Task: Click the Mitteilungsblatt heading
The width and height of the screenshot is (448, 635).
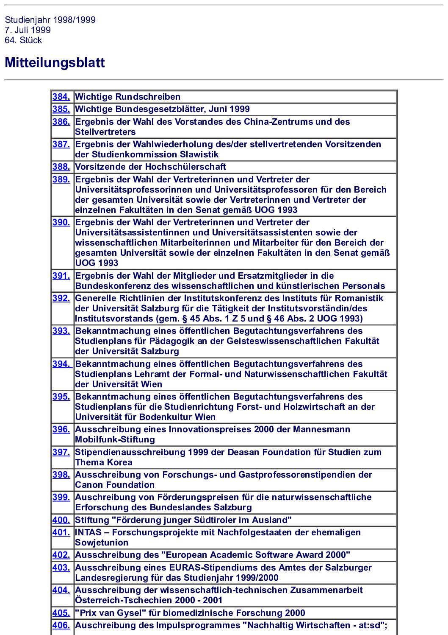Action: (x=55, y=62)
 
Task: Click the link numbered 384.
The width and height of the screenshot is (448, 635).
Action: (x=61, y=97)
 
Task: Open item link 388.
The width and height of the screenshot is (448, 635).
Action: (x=61, y=167)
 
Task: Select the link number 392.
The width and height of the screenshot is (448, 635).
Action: (x=61, y=298)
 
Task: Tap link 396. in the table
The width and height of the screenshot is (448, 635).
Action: (x=61, y=429)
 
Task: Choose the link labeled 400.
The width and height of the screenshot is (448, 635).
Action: (x=61, y=520)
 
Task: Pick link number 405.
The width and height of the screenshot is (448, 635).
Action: (x=61, y=613)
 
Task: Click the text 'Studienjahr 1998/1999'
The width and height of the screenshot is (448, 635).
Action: (x=50, y=20)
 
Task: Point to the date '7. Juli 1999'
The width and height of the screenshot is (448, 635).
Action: (x=28, y=30)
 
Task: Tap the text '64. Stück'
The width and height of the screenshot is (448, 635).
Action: (x=23, y=40)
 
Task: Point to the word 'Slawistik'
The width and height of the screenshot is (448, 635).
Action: (x=199, y=154)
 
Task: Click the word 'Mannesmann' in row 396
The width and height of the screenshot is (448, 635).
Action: (x=322, y=429)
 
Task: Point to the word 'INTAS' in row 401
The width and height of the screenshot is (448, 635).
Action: (x=88, y=532)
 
